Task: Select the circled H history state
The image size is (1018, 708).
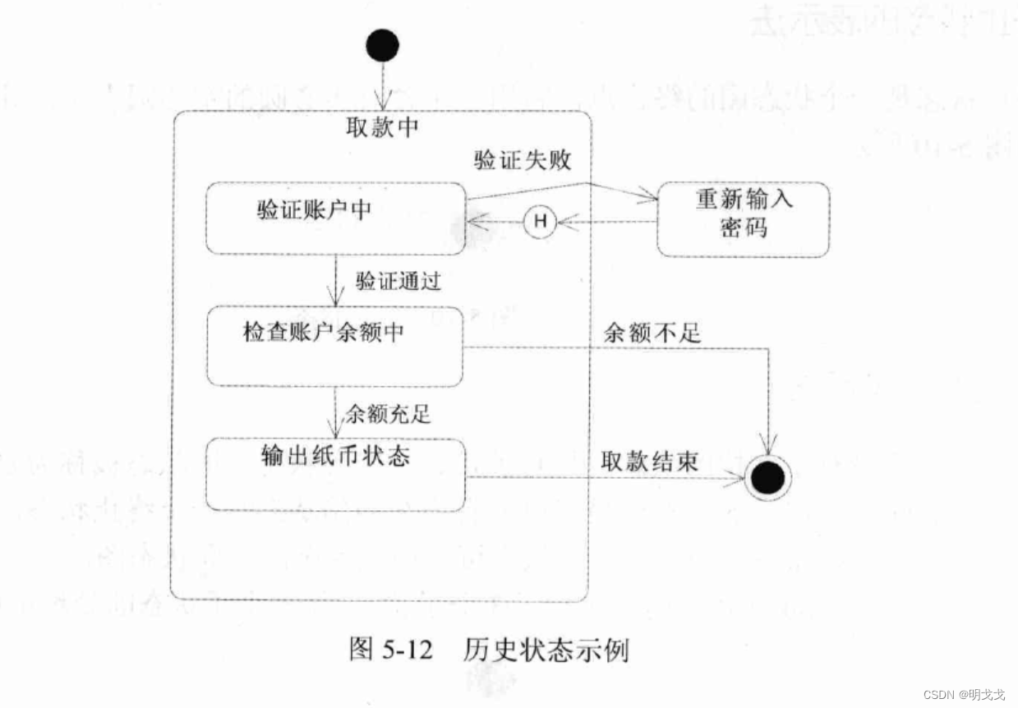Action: click(540, 220)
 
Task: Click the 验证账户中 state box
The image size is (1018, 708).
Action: click(335, 218)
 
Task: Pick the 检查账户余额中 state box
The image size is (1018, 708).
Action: click(334, 347)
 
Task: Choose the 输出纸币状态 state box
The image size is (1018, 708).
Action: click(334, 475)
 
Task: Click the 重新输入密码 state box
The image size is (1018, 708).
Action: click(743, 219)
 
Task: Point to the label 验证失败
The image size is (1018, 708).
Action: click(522, 159)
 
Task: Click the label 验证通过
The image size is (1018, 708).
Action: click(398, 281)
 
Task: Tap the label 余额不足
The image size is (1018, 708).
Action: click(652, 332)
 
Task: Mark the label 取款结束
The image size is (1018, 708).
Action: click(650, 461)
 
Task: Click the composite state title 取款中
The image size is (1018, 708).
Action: click(385, 127)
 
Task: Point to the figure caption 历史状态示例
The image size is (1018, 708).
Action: click(546, 651)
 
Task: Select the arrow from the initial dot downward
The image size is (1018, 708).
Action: click(382, 86)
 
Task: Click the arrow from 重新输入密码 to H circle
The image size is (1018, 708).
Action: click(608, 221)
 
